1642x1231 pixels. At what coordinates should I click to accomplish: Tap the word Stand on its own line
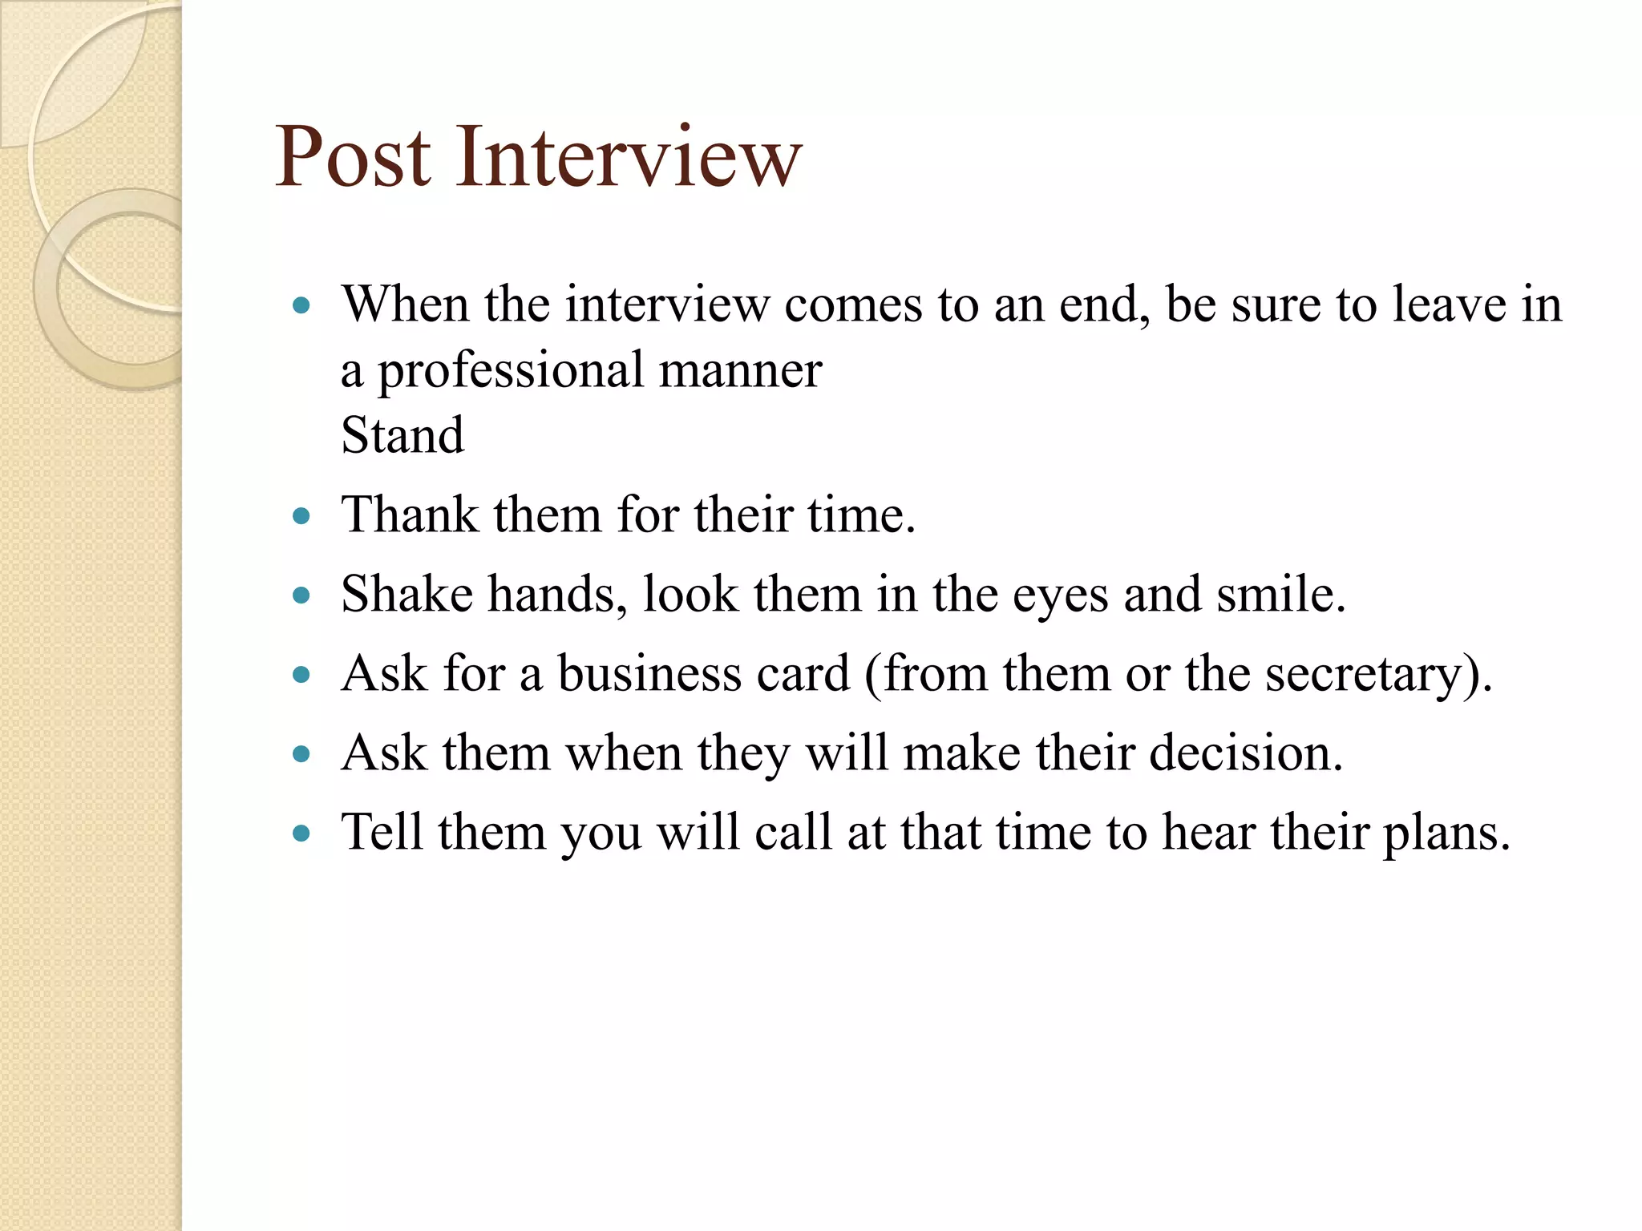click(402, 435)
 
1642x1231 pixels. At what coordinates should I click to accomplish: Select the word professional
click(511, 372)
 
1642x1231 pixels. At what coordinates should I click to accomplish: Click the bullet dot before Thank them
click(301, 515)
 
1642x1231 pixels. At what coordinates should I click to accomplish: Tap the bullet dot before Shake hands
click(301, 595)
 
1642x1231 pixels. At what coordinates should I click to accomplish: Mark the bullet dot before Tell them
click(301, 833)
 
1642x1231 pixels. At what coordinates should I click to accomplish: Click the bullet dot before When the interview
click(301, 305)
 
